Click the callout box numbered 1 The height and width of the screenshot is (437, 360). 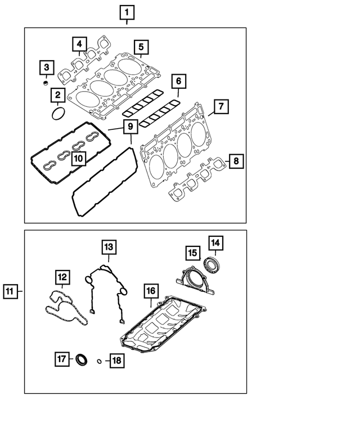[x=127, y=12]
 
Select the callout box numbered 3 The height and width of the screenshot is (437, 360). [x=47, y=69]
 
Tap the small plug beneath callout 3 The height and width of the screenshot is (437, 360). [x=44, y=84]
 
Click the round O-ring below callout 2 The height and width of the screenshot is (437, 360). [x=57, y=114]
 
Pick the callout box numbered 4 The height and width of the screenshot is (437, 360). [x=79, y=44]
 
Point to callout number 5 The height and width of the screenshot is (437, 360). [x=141, y=47]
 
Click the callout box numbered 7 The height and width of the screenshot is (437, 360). [x=221, y=106]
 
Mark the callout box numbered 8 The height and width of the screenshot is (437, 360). [x=236, y=162]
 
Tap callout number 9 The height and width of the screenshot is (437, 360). [x=129, y=128]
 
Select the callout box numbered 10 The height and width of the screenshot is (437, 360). [x=78, y=159]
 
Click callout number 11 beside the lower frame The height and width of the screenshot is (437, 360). [x=10, y=291]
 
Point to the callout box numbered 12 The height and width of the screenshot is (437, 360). [x=62, y=277]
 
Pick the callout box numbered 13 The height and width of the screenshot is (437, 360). [x=109, y=247]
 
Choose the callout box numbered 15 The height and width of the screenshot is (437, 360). [x=192, y=253]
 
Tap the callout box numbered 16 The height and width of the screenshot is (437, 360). [x=150, y=291]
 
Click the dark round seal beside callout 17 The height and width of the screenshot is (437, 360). [x=82, y=359]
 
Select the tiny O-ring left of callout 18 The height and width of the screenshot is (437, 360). [x=99, y=361]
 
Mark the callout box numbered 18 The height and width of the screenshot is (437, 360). [x=116, y=360]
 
